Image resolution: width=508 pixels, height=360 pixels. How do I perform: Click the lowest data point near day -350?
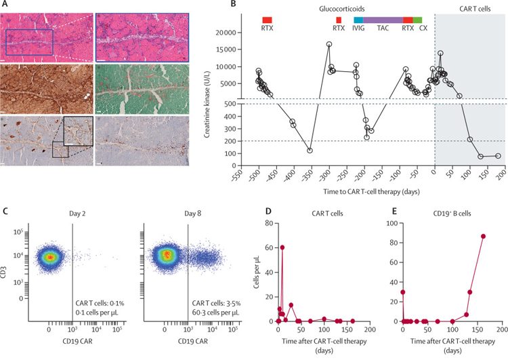(x=310, y=151)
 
